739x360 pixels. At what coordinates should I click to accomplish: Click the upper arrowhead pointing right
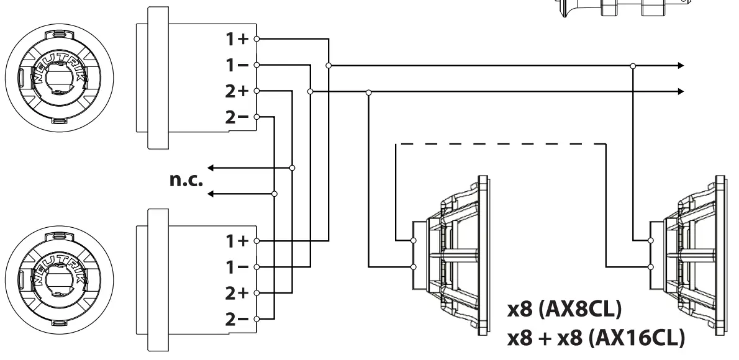681,65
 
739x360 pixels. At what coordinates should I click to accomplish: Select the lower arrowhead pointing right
681,91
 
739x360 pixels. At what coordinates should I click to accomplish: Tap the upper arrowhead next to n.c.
211,168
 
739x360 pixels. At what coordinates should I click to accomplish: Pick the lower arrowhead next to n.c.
211,194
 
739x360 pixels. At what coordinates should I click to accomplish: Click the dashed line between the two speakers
500,144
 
